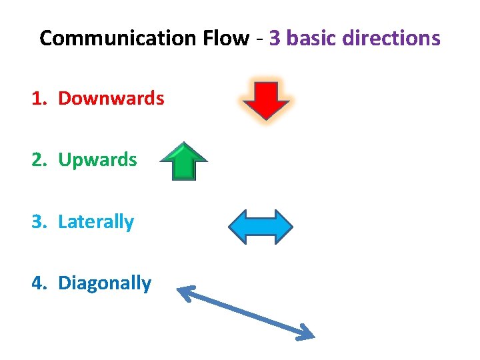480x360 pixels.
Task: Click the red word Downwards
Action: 111,99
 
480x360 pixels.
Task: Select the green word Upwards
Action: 98,160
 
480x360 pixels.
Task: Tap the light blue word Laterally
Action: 96,222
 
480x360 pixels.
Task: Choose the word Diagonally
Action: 105,283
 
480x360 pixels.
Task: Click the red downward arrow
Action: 265,100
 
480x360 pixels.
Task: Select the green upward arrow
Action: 184,161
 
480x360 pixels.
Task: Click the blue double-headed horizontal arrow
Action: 261,227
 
